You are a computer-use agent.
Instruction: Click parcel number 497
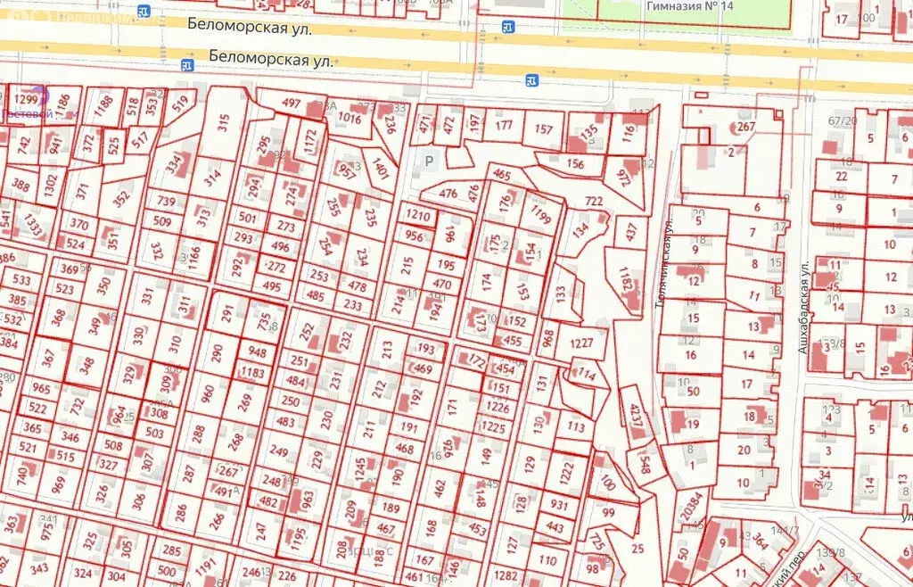click(x=292, y=103)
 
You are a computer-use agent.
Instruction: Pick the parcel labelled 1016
click(x=350, y=118)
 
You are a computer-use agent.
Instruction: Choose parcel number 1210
click(x=417, y=215)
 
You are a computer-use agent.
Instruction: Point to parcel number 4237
click(x=635, y=418)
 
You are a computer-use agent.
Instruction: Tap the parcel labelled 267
click(x=745, y=127)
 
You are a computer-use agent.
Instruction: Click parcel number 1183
click(x=253, y=372)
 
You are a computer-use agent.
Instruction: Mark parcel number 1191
click(x=206, y=566)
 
